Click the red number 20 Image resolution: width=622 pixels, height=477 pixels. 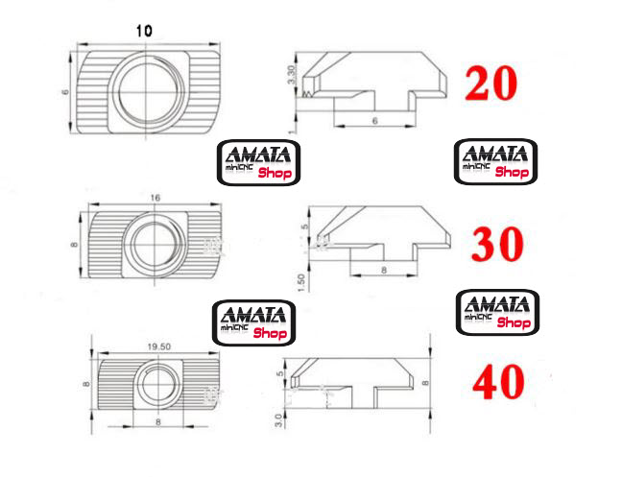point(491,83)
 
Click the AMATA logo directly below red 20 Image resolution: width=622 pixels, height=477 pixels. point(494,161)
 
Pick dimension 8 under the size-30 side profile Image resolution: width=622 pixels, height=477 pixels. point(384,272)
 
